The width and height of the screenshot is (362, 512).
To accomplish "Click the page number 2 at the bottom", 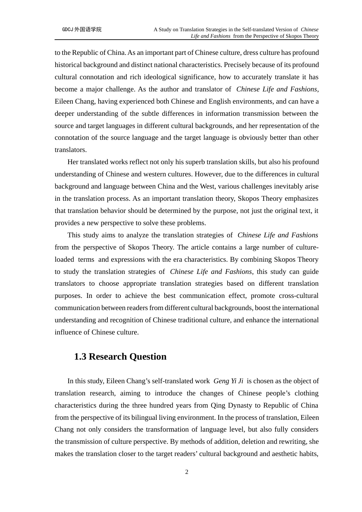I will coord(187,472).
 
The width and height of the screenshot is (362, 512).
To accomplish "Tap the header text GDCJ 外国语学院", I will coord(82,29).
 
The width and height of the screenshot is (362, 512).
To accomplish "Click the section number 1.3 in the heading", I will coord(80,357).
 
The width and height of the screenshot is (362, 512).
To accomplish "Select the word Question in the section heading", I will coord(148,357).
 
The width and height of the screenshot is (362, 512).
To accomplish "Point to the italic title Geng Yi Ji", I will coord(228,381).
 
